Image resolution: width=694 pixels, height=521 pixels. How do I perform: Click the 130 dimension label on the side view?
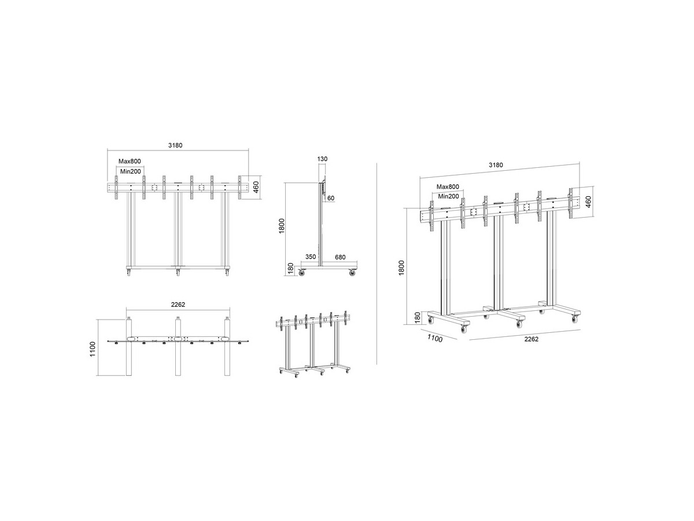322,159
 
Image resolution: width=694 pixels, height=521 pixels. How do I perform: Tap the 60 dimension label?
331,199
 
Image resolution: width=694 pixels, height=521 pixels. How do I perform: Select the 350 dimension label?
311,257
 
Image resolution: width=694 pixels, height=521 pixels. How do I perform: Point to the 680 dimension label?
340,258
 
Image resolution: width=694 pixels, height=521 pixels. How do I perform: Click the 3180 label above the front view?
175,145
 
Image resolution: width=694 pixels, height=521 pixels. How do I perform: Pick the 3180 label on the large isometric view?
496,165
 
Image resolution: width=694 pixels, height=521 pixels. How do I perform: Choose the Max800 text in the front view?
130,162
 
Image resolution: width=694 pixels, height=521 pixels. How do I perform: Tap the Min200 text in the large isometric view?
448,196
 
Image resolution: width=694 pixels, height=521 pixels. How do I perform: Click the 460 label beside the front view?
256,187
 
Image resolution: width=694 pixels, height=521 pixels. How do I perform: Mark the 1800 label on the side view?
282,226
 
